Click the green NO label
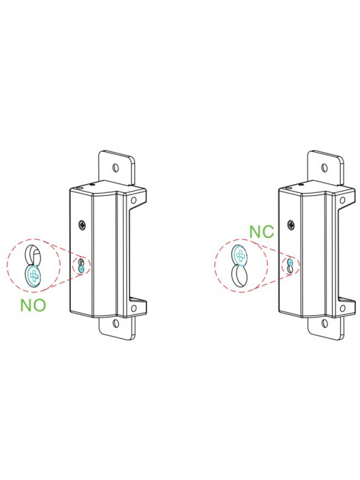(x=33, y=305)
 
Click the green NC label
(x=262, y=232)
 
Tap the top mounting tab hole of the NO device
(x=115, y=168)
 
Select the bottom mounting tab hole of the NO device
(x=116, y=323)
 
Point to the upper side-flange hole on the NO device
(x=133, y=200)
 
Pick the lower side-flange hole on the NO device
(x=133, y=308)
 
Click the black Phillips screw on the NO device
(x=82, y=226)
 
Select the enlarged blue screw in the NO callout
(x=33, y=275)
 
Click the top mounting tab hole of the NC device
(x=325, y=168)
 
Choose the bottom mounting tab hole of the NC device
(x=325, y=323)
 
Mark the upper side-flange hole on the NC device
(x=343, y=200)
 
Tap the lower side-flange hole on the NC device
(x=343, y=308)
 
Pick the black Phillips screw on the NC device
(x=291, y=226)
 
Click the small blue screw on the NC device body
(x=290, y=262)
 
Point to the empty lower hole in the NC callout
(x=241, y=275)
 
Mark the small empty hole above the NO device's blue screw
(x=81, y=263)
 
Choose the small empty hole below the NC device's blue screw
(x=290, y=269)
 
